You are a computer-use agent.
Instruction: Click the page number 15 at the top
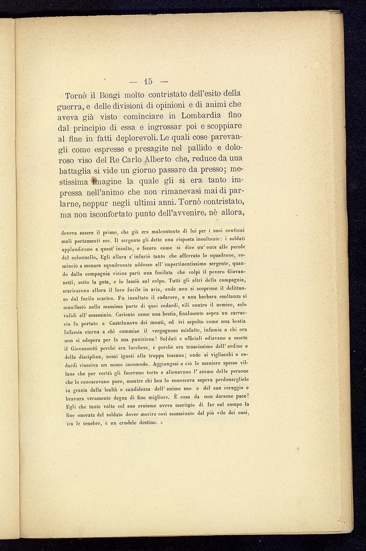[x=148, y=81]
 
